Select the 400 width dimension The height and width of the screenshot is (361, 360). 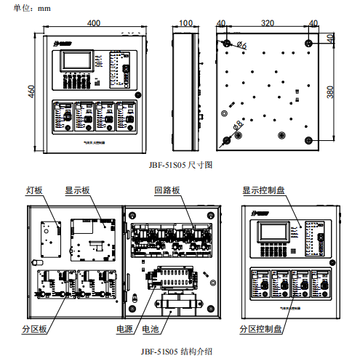(93, 23)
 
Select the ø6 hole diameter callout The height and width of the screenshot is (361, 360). (242, 47)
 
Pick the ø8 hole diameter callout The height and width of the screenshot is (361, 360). (238, 129)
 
